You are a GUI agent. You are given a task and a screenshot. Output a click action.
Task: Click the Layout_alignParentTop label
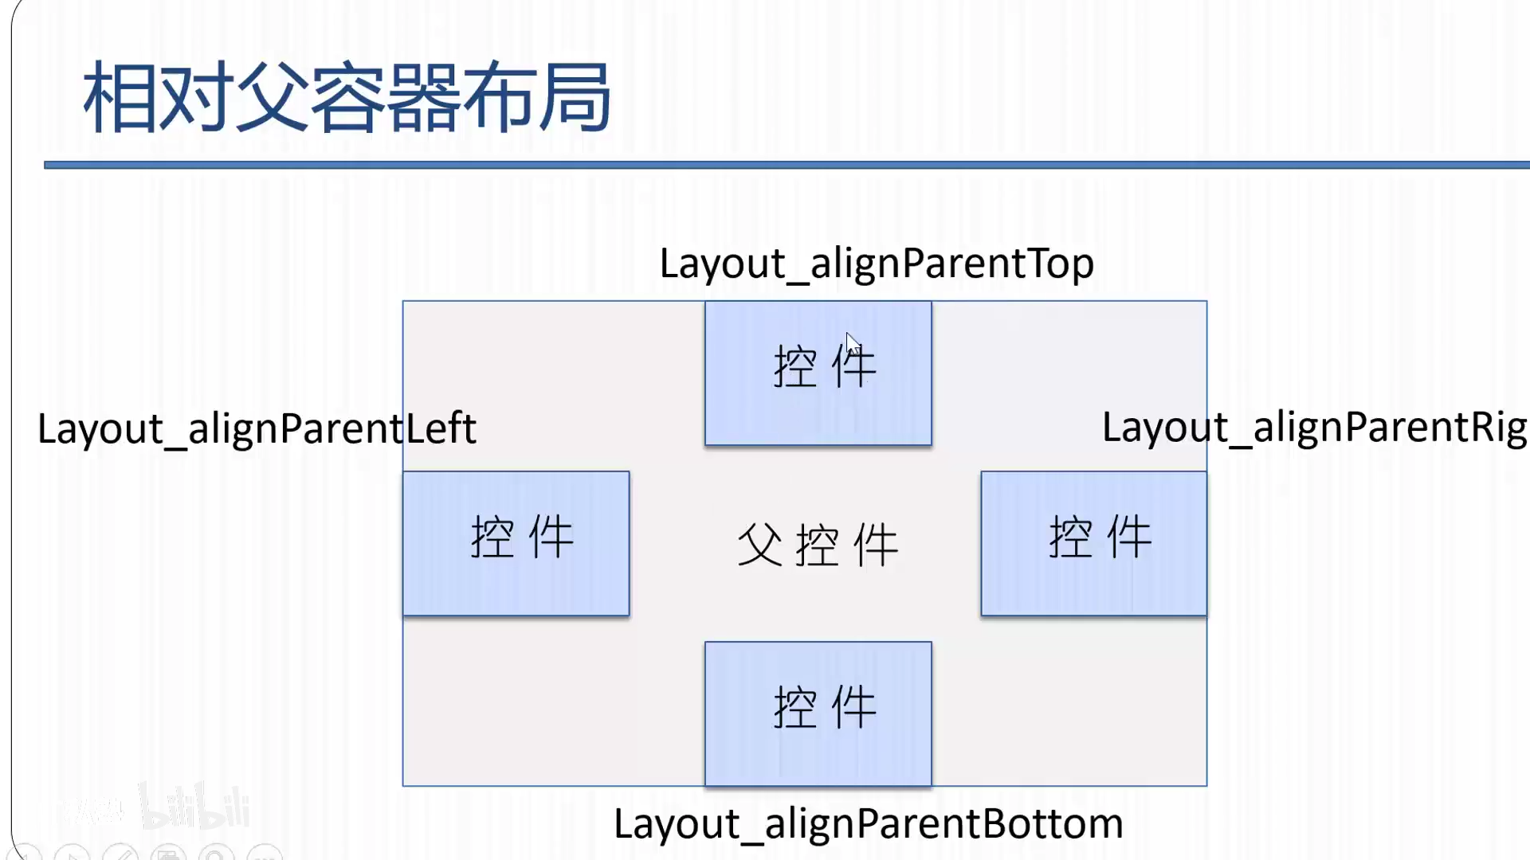877,264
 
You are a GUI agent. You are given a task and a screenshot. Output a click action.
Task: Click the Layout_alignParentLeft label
257,429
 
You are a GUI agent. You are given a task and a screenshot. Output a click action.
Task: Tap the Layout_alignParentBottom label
869,824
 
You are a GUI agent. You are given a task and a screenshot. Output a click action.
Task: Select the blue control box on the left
516,543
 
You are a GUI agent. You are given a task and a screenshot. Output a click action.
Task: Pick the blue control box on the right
1094,543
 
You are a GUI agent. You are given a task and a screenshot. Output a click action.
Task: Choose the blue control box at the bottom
818,713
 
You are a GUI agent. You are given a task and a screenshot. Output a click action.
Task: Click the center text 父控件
818,545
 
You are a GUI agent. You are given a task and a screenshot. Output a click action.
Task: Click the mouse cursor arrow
852,344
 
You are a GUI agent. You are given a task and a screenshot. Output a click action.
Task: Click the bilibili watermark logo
195,806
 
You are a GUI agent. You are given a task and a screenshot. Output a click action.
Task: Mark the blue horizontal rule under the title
787,165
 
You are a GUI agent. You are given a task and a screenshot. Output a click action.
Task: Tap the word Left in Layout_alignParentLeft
441,428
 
